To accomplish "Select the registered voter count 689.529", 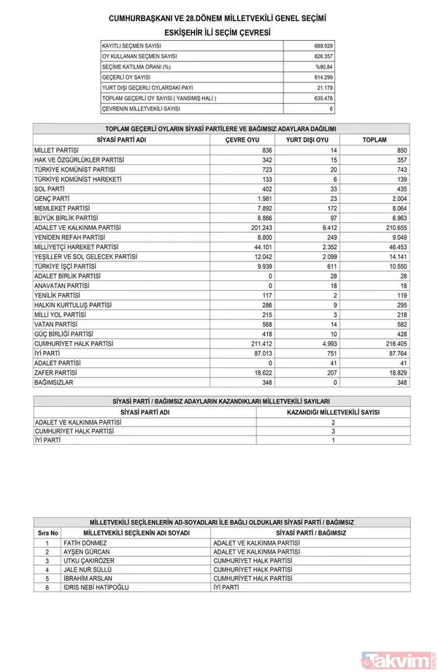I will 321,45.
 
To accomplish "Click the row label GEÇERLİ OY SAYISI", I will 127,77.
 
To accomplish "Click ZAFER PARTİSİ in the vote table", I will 58,372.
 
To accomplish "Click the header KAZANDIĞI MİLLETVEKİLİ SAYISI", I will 333,412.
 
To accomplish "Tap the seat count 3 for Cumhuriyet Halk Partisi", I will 333,431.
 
